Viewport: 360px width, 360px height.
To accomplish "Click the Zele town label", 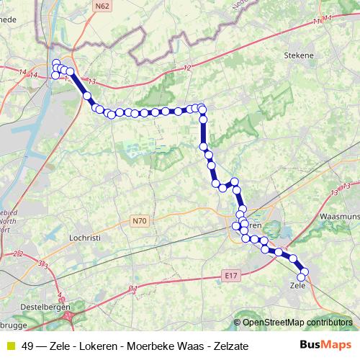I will tap(297, 286).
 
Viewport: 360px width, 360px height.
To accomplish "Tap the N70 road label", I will tap(139, 220).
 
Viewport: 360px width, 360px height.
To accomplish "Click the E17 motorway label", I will tap(230, 275).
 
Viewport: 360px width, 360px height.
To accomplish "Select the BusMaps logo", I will tap(325, 346).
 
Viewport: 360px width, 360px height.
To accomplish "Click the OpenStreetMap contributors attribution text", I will tap(297, 323).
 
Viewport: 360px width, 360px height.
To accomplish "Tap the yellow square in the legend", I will tap(10, 346).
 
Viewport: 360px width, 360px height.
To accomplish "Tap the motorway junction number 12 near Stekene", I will tap(188, 68).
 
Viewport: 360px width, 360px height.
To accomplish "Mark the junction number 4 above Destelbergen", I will tap(60, 294).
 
